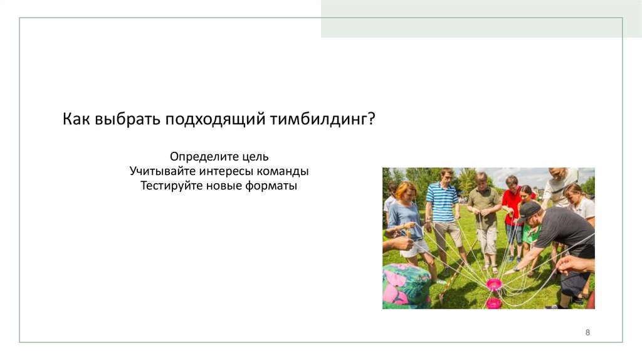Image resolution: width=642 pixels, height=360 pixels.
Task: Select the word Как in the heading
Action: click(76, 119)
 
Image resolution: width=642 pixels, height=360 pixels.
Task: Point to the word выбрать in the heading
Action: click(127, 119)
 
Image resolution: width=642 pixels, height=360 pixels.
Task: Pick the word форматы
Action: click(270, 186)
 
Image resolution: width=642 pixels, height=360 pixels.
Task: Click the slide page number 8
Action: click(587, 332)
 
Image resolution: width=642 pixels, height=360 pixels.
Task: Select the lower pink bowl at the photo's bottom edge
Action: click(494, 303)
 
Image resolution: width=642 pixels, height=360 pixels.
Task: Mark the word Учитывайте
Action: click(163, 171)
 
